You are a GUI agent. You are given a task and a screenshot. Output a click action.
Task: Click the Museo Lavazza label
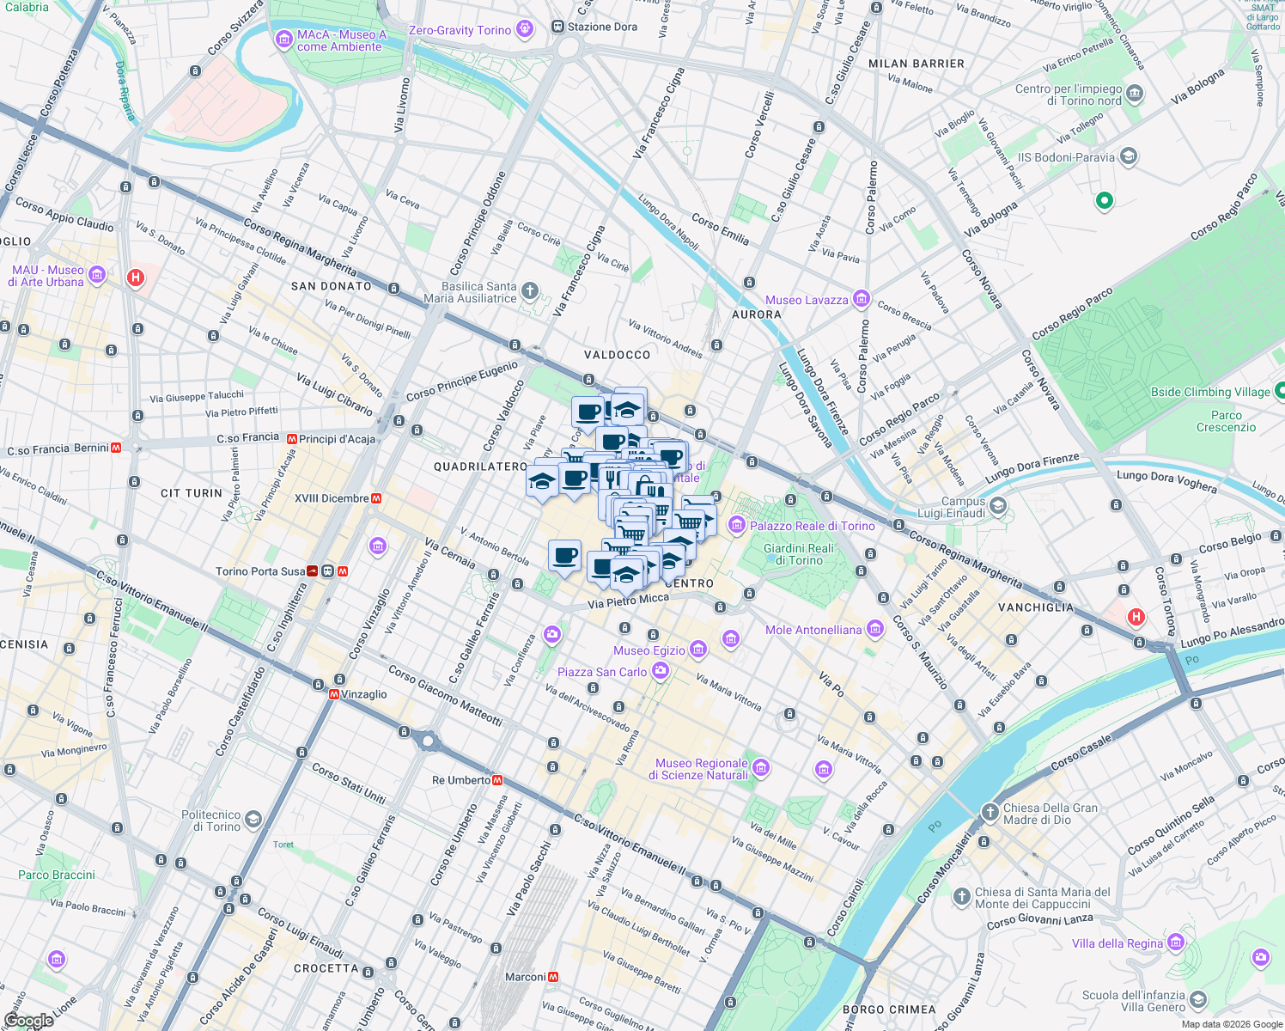(807, 300)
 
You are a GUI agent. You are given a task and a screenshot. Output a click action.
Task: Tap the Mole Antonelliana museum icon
(875, 630)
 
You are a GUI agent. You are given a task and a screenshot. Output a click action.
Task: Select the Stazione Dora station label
(602, 27)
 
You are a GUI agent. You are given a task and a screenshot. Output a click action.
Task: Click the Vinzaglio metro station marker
(333, 694)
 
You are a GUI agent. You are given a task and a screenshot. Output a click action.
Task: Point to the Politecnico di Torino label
(211, 821)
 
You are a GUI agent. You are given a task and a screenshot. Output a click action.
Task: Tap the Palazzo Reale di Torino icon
(736, 525)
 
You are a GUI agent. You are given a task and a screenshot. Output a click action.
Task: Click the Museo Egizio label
(649, 650)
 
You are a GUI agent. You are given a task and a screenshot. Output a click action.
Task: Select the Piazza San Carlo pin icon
(660, 672)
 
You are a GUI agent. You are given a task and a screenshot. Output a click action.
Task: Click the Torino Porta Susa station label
(260, 571)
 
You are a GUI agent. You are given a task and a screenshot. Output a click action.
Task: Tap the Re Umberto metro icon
(497, 780)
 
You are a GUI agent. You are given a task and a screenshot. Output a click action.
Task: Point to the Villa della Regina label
(1117, 943)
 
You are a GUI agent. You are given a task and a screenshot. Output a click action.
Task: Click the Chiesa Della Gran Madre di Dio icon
(990, 812)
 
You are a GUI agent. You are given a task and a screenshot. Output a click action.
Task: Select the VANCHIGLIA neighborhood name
(1036, 607)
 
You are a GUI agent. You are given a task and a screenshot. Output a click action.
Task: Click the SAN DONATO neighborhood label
(332, 286)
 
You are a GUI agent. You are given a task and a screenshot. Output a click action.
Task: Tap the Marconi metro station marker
(553, 977)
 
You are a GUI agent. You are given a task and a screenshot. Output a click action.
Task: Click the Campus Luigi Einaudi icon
(997, 506)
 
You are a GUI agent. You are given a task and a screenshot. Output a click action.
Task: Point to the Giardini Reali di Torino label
(799, 554)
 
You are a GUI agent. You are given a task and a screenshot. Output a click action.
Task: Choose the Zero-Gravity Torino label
(460, 30)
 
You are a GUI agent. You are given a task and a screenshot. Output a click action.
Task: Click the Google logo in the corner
(27, 1020)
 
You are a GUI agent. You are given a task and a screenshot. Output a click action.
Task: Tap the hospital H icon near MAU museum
(135, 278)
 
